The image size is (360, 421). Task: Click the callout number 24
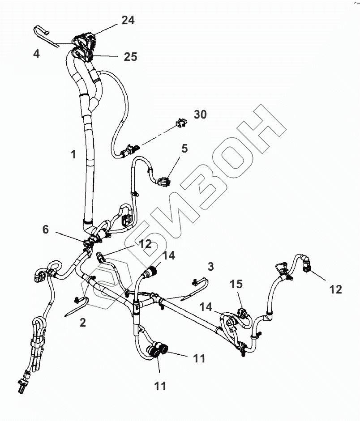point(128,20)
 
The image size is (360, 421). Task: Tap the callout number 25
point(131,57)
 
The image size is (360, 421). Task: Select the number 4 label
point(36,54)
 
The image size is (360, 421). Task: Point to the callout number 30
point(200,115)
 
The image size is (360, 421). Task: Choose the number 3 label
point(211,267)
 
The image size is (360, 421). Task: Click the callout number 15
point(236,284)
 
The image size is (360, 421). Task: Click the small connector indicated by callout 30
point(180,122)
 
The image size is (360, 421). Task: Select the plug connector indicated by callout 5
point(163,181)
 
